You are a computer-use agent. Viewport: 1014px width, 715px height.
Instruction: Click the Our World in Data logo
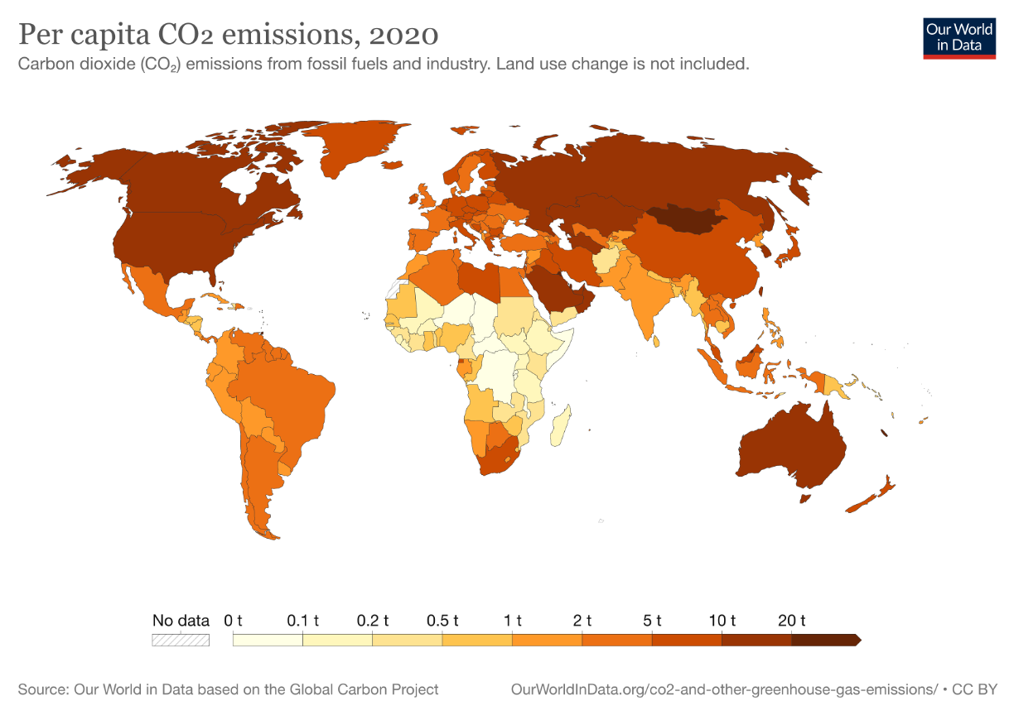[x=959, y=36]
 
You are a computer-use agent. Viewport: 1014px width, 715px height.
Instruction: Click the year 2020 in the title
[x=403, y=36]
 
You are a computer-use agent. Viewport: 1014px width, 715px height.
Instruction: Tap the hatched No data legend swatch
[x=181, y=640]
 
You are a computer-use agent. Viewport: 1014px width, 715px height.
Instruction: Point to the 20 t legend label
[x=791, y=620]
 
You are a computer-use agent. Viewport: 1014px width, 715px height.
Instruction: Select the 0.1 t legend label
[x=302, y=620]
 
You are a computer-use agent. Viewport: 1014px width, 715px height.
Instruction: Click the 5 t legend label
[x=652, y=620]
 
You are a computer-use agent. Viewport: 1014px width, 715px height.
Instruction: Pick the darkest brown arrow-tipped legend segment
[x=825, y=640]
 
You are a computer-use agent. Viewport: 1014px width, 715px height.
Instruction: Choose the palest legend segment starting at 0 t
[x=268, y=640]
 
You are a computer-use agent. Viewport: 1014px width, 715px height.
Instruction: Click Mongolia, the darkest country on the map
[x=684, y=218]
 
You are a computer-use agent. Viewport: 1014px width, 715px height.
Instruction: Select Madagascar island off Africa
[x=561, y=423]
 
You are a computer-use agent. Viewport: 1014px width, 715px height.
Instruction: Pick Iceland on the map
[x=413, y=199]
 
